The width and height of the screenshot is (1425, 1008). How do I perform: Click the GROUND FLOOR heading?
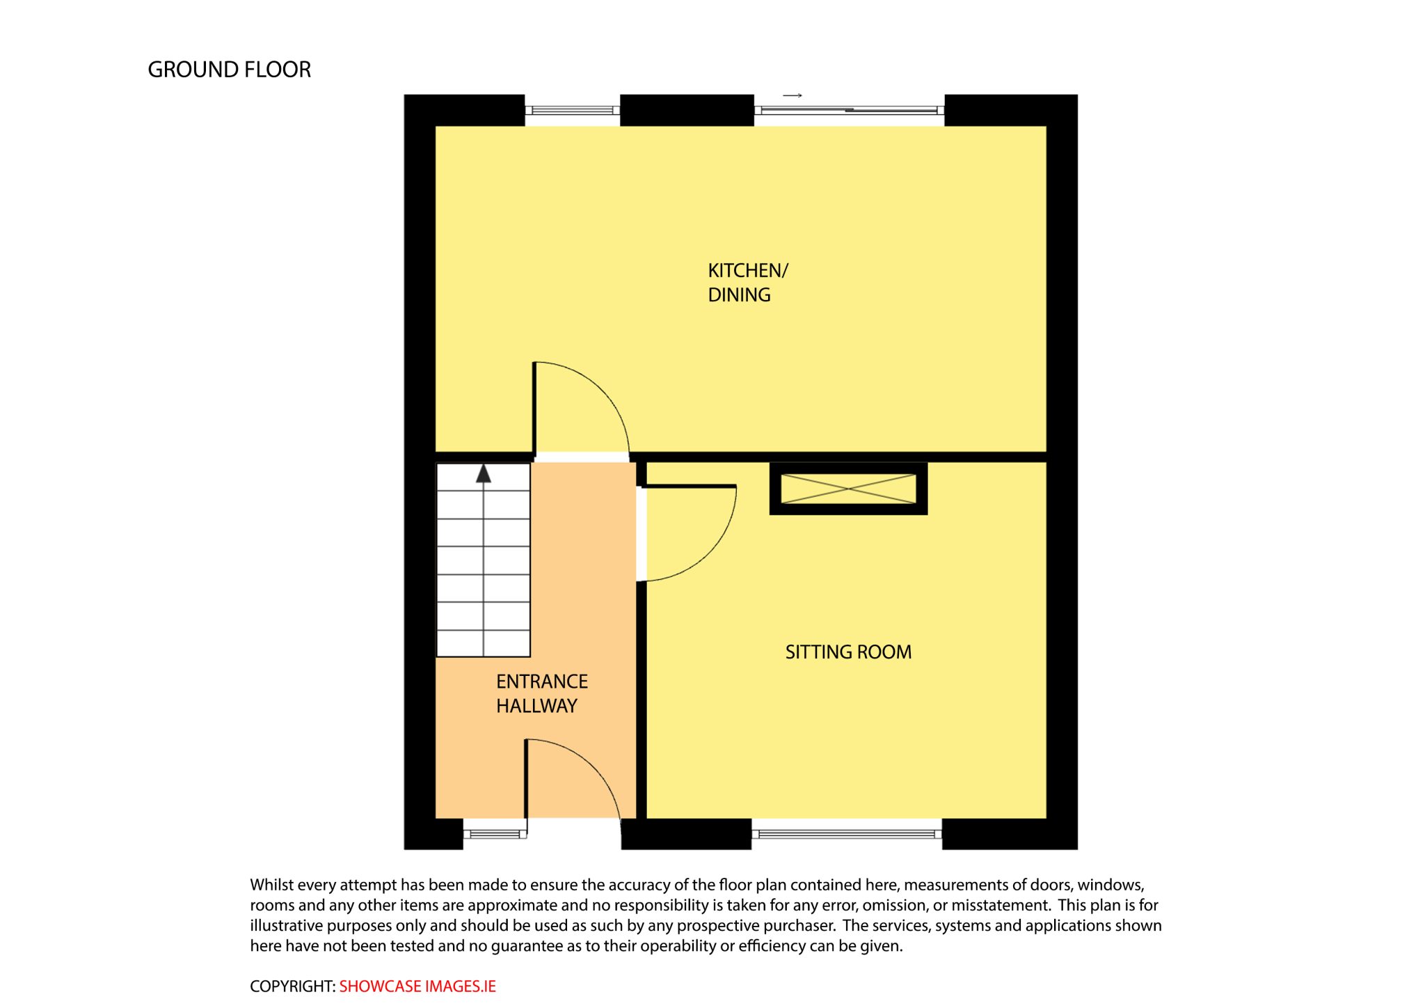(229, 70)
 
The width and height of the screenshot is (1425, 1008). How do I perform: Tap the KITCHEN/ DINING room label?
(748, 283)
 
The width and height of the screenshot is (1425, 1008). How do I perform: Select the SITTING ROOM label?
(848, 652)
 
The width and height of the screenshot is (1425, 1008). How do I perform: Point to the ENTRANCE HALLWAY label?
(542, 693)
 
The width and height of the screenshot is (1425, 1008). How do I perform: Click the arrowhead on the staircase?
(484, 474)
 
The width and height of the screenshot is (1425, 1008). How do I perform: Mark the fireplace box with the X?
(848, 489)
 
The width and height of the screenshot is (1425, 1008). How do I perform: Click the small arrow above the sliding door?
(793, 95)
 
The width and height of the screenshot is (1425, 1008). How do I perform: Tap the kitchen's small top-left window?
(572, 110)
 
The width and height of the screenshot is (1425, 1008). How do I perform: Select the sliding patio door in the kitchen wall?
(849, 110)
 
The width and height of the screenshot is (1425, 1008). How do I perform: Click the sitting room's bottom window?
(847, 833)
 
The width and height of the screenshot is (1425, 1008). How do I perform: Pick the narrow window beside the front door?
(495, 833)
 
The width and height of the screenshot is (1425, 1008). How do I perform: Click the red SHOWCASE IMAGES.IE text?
(417, 986)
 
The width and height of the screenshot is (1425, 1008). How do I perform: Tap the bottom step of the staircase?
(484, 643)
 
